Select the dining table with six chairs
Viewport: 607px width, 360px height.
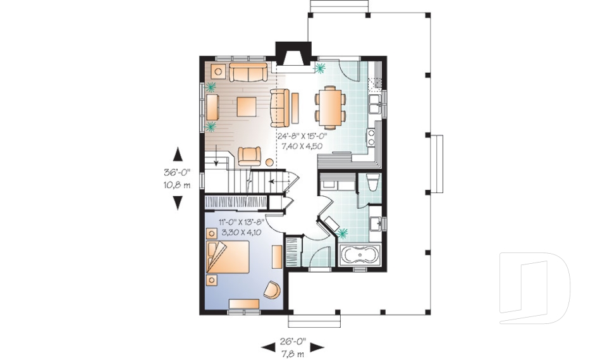pyautogui.click(x=331, y=106)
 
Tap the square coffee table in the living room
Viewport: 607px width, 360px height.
pyautogui.click(x=247, y=106)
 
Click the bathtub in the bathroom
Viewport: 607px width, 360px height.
pyautogui.click(x=359, y=257)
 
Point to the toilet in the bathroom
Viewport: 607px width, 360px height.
pyautogui.click(x=372, y=183)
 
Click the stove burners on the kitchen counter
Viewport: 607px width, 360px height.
pyautogui.click(x=372, y=135)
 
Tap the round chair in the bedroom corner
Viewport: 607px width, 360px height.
pyautogui.click(x=272, y=289)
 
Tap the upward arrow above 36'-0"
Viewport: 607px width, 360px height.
pyautogui.click(x=178, y=154)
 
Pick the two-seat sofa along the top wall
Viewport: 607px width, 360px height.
pyautogui.click(x=248, y=73)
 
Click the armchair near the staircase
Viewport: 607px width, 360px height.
pyautogui.click(x=249, y=155)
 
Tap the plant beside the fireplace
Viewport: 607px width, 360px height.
pyautogui.click(x=321, y=66)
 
